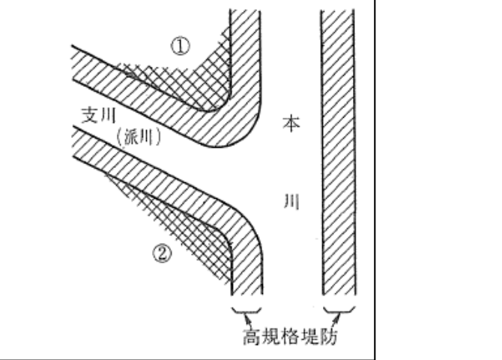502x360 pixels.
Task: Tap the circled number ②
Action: coord(164,253)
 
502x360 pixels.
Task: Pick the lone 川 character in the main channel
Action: coord(289,202)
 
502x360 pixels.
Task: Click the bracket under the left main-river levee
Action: coord(247,310)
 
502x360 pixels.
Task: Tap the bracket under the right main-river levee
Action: coord(339,310)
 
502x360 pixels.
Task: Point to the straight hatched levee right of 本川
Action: coord(337,150)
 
